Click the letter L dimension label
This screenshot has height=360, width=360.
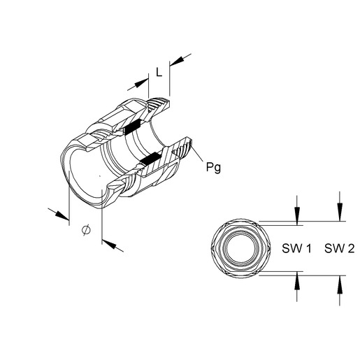point(159,72)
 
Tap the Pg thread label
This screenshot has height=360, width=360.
point(213,167)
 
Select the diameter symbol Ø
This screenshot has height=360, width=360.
point(86,230)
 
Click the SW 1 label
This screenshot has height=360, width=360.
point(296,248)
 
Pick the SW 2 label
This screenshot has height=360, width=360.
point(339,248)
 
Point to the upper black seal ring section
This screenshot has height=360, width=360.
point(131,127)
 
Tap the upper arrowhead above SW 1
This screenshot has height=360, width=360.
point(297,215)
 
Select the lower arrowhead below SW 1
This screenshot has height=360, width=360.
point(297,281)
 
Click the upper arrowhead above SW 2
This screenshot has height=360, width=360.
point(340,212)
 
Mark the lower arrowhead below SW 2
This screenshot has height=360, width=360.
point(340,285)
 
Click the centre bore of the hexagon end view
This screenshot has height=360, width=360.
point(241,248)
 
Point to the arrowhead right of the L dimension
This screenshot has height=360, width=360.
point(178,61)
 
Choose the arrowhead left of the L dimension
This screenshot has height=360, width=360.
point(141,83)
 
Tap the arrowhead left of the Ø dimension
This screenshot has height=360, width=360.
point(62,215)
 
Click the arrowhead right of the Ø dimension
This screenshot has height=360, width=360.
point(109,243)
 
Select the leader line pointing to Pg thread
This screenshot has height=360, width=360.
point(197,152)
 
